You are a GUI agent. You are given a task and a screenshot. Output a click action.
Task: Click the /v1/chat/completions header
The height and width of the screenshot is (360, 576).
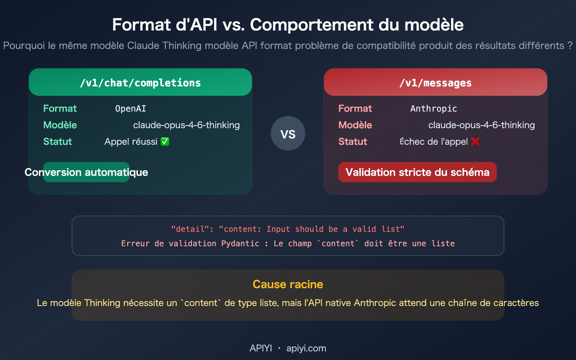140,83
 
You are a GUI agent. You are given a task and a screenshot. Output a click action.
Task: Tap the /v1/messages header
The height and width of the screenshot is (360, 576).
436,83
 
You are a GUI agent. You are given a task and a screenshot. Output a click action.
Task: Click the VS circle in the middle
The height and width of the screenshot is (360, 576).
288,134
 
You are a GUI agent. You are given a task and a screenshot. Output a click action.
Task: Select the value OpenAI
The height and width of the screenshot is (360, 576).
130,109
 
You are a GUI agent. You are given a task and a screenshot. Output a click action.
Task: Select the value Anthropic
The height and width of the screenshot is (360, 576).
433,109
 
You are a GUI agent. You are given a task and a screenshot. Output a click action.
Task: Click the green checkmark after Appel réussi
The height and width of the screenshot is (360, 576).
165,141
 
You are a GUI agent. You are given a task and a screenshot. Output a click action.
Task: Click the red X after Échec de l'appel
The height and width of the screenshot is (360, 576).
475,141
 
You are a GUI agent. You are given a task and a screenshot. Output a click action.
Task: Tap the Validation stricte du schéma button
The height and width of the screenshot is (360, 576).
417,172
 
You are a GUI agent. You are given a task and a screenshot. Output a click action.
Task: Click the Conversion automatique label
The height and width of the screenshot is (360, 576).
86,172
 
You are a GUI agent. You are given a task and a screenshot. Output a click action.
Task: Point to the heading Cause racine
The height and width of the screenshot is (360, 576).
288,284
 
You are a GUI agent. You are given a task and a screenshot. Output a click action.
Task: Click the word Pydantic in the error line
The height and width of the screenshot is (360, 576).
240,244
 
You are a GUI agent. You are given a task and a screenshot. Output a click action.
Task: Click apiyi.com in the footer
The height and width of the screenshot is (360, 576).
306,348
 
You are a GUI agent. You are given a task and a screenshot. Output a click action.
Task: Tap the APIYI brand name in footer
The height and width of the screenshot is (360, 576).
261,348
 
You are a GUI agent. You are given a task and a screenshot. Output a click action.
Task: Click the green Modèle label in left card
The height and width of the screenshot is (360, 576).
60,125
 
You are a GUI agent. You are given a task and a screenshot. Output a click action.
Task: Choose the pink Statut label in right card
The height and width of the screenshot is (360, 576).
352,141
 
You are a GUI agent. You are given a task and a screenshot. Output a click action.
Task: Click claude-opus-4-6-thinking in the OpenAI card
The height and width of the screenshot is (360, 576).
186,125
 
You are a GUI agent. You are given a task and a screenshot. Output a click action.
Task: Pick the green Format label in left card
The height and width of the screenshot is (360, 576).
60,109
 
